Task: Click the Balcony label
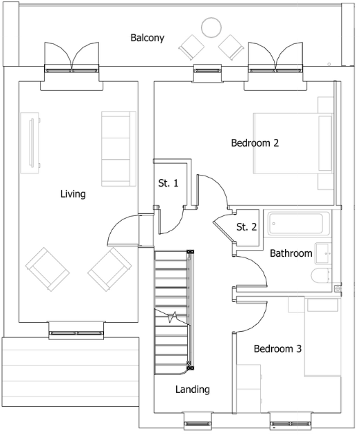click(147, 38)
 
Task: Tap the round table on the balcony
click(211, 28)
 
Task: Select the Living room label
click(73, 194)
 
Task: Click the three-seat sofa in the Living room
click(118, 149)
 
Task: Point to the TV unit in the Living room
click(30, 142)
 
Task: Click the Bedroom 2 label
click(255, 143)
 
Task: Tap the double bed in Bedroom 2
click(293, 143)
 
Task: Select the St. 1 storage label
click(169, 183)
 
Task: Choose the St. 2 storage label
click(246, 227)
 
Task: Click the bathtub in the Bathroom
click(295, 224)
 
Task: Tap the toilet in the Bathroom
click(321, 276)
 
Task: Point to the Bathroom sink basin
click(323, 253)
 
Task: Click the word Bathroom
click(291, 253)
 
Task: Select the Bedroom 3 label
click(277, 349)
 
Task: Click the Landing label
click(193, 390)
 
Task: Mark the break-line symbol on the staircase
click(172, 317)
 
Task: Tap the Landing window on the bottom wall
click(198, 423)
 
